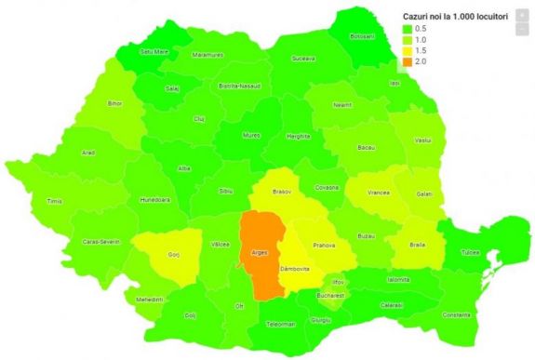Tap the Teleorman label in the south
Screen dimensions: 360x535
[x=280, y=324]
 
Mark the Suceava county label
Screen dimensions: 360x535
[x=303, y=58]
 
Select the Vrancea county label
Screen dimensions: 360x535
[x=378, y=192]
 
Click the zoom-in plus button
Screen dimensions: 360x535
[x=523, y=15]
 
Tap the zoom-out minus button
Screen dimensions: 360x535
[x=523, y=30]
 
